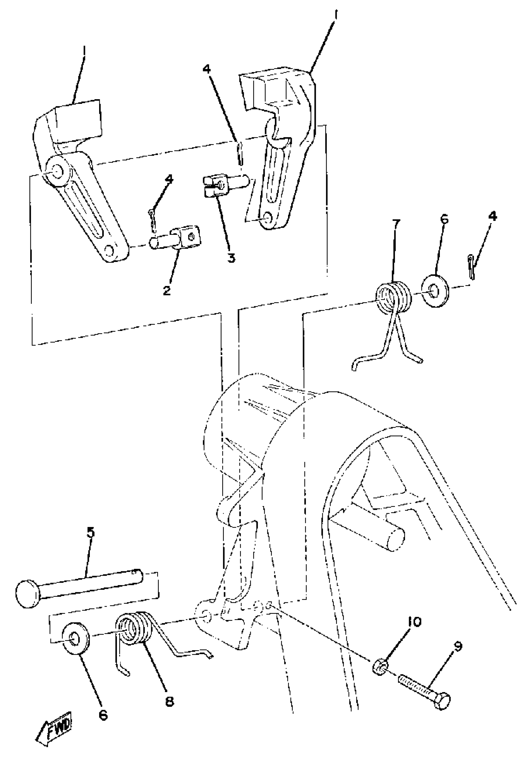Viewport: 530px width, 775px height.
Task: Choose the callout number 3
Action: tap(231, 258)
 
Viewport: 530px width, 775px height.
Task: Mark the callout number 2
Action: tap(167, 290)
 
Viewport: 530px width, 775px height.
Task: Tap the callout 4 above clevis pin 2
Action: tap(169, 179)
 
